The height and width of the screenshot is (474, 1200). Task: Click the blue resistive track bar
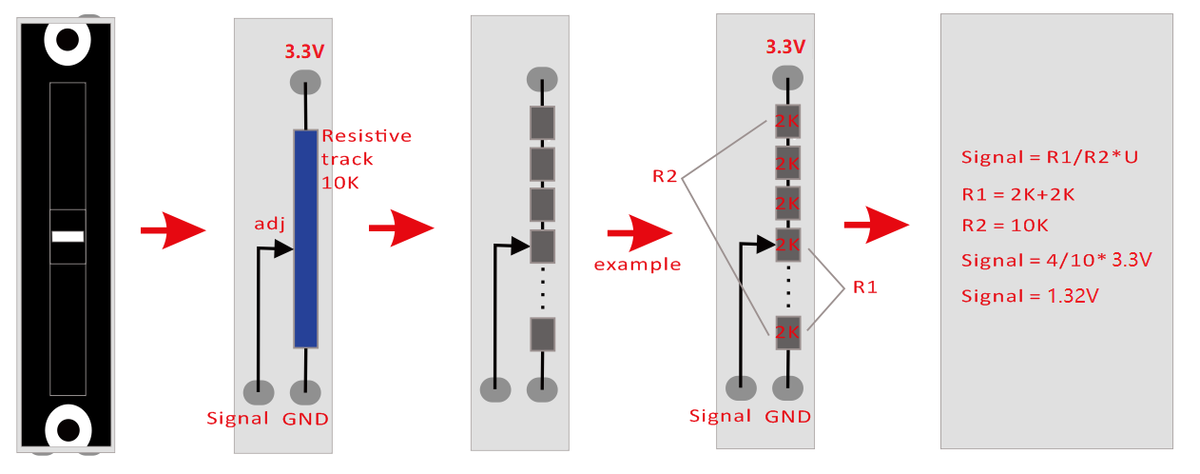pyautogui.click(x=305, y=239)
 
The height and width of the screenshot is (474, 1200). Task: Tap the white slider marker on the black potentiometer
pyautogui.click(x=68, y=236)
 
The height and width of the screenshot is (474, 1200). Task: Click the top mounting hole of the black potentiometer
pyautogui.click(x=68, y=40)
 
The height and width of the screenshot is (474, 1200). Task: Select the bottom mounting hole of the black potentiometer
pyautogui.click(x=68, y=429)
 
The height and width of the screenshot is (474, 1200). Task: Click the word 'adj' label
pyautogui.click(x=269, y=224)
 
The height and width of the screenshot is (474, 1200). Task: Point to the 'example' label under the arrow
pyautogui.click(x=637, y=265)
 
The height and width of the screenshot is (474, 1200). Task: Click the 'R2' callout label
pyautogui.click(x=665, y=176)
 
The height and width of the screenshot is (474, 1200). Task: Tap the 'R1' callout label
pyautogui.click(x=865, y=287)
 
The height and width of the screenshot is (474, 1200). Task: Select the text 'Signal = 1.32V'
pyautogui.click(x=1030, y=296)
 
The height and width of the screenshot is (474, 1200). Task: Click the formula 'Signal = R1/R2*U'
pyautogui.click(x=1050, y=157)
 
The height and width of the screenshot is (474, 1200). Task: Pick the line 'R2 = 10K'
pyautogui.click(x=1005, y=226)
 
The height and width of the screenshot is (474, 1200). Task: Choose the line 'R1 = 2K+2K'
pyautogui.click(x=1018, y=194)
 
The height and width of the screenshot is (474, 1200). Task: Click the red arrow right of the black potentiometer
pyautogui.click(x=173, y=230)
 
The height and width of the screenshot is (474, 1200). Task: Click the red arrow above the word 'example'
pyautogui.click(x=640, y=233)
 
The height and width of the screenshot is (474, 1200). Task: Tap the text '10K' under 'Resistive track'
pyautogui.click(x=340, y=183)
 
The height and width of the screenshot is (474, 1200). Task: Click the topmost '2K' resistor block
pyautogui.click(x=787, y=122)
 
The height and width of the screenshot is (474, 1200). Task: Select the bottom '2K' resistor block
pyautogui.click(x=787, y=333)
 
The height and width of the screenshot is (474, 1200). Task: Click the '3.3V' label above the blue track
pyautogui.click(x=304, y=51)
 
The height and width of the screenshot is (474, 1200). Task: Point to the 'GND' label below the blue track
pyautogui.click(x=305, y=419)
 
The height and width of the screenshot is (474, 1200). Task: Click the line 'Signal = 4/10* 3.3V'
pyautogui.click(x=1056, y=260)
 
